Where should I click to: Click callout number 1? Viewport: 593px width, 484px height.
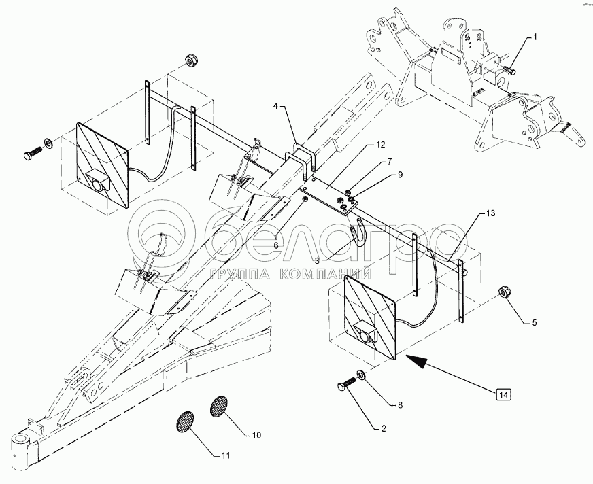[x=535, y=37]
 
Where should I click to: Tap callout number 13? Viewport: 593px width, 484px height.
[x=490, y=213]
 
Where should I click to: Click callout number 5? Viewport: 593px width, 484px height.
[x=535, y=322]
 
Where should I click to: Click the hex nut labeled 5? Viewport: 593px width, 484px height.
[x=505, y=292]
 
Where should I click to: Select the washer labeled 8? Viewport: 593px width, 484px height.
[x=361, y=375]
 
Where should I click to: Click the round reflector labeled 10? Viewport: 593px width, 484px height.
[x=219, y=407]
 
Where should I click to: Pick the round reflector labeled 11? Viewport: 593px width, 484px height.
[x=185, y=421]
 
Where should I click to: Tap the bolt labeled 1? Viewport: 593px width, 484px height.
[x=509, y=69]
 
